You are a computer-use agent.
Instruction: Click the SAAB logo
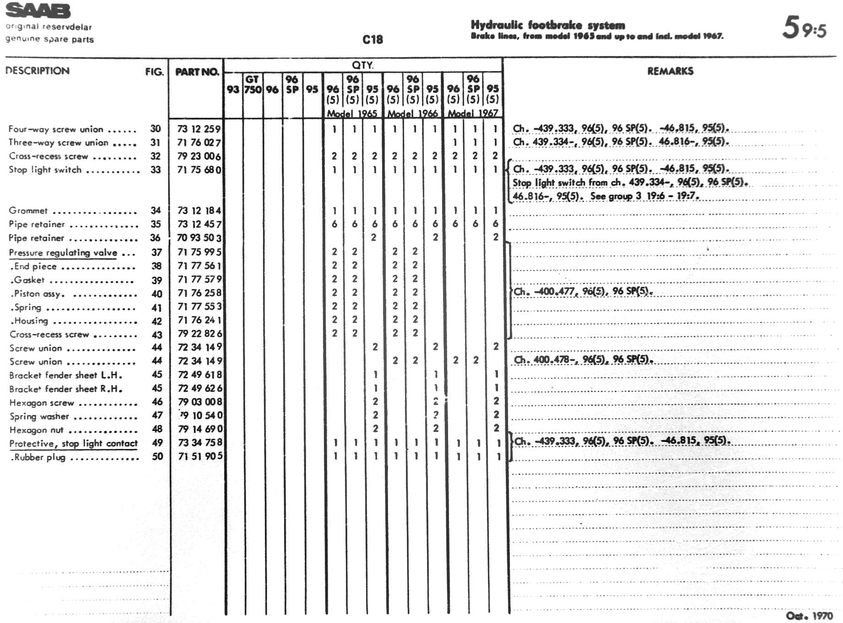pos(38,11)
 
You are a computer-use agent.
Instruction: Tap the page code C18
pos(372,40)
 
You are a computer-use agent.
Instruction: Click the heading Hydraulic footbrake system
pos(547,25)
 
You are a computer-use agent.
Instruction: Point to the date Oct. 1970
pos(809,616)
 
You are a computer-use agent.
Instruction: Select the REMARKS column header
pos(670,71)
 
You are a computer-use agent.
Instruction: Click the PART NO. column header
pos(197,72)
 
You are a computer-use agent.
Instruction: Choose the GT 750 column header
pos(252,84)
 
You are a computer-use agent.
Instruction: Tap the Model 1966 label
pos(412,113)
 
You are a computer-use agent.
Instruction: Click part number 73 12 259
pos(199,129)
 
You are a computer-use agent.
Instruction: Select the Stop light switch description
pos(45,170)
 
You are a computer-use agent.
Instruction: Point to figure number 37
pos(157,252)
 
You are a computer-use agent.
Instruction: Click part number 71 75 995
pos(199,252)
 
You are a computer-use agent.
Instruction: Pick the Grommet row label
pos(28,211)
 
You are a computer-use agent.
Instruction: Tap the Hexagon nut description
pos(37,430)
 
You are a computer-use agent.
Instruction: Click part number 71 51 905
pos(200,456)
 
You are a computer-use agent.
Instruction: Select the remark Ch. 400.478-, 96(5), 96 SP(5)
pos(583,360)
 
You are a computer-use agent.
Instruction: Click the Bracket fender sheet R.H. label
pos(66,389)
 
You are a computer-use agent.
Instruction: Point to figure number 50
pos(158,456)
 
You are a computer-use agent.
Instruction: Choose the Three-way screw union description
pos(59,142)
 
